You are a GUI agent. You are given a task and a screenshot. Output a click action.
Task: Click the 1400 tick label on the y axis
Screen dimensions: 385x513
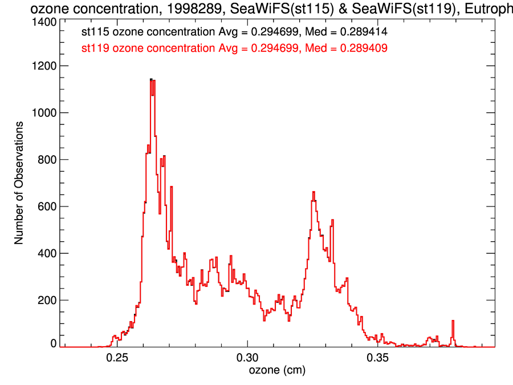(44, 22)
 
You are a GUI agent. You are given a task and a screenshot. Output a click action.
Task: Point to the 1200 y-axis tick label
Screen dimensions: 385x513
(44, 66)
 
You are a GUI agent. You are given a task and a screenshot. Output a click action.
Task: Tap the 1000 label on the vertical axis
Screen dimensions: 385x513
(44, 113)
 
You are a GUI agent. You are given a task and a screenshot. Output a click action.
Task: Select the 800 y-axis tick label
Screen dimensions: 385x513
(47, 160)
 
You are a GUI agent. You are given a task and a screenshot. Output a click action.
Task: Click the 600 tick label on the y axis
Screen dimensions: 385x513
(47, 206)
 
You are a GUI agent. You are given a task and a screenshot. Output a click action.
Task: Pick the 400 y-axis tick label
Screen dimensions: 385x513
(47, 253)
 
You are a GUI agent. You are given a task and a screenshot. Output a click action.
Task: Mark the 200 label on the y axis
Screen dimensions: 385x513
(47, 300)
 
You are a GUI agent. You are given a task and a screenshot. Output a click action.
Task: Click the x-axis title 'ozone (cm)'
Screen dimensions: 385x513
(278, 371)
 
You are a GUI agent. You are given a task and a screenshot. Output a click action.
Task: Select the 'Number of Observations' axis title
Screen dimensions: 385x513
(19, 183)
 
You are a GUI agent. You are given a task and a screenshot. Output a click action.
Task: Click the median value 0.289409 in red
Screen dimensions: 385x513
(364, 48)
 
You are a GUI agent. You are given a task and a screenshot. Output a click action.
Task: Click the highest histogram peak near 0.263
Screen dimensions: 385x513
(151, 79)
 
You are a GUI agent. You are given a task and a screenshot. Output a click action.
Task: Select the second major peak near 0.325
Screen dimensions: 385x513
(313, 192)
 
